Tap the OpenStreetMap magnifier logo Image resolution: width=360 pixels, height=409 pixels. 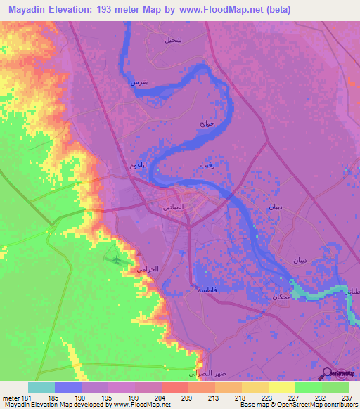[328, 373]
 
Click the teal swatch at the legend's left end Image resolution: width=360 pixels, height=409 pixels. [41, 387]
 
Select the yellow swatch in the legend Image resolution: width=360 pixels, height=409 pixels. [281, 387]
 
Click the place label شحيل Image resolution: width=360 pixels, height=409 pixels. [172, 40]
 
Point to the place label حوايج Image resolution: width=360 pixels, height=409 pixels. [205, 124]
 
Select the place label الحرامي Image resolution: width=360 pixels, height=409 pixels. [148, 268]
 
